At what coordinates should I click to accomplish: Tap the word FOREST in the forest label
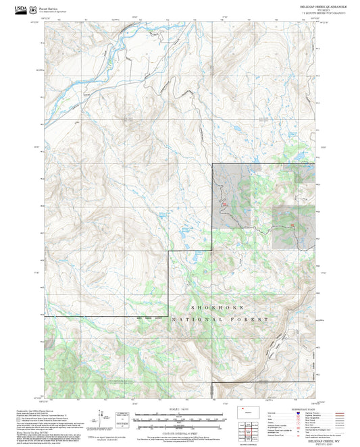pyautogui.click(x=253, y=319)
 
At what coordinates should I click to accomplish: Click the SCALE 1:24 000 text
pyautogui.click(x=180, y=409)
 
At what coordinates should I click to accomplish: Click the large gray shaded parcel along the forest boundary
pyautogui.click(x=232, y=196)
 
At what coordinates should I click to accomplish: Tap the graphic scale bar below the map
pyautogui.click(x=180, y=419)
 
